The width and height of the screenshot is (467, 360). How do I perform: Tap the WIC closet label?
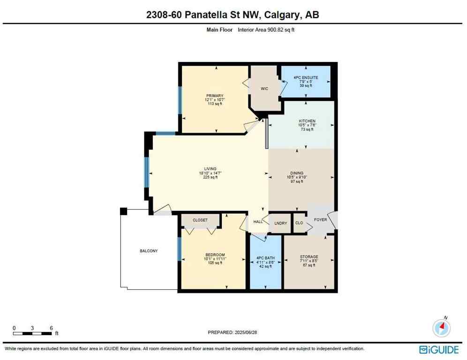pyautogui.click(x=264, y=89)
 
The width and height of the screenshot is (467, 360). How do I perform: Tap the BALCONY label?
pyautogui.click(x=149, y=251)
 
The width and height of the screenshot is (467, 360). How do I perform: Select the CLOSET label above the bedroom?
pyautogui.click(x=200, y=220)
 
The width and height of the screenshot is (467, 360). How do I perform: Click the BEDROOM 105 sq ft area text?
pyautogui.click(x=212, y=263)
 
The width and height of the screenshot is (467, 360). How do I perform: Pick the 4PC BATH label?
pyautogui.click(x=265, y=257)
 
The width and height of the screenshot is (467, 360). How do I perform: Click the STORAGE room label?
pyautogui.click(x=309, y=257)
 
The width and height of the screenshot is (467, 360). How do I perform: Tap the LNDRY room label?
pyautogui.click(x=280, y=223)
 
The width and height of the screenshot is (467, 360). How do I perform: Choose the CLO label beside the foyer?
pyautogui.click(x=299, y=223)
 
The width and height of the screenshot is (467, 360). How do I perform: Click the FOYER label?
pyautogui.click(x=320, y=219)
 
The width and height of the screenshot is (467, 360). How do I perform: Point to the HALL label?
pyautogui.click(x=258, y=221)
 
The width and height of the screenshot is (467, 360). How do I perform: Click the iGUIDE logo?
pyautogui.click(x=439, y=349)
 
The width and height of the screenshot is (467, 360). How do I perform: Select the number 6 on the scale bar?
pyautogui.click(x=51, y=328)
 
